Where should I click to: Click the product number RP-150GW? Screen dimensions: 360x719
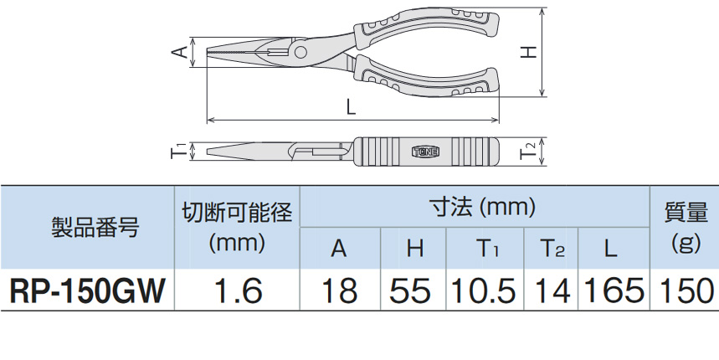(87, 291)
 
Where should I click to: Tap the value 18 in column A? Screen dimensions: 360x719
(338, 291)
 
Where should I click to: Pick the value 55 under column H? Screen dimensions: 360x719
(410, 291)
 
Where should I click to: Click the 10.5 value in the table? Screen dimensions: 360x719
(485, 291)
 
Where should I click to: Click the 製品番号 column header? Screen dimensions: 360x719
(87, 227)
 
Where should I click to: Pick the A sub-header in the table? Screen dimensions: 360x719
(338, 248)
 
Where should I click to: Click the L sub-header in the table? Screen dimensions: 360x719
(610, 248)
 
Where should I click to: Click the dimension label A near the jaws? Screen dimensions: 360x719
(178, 53)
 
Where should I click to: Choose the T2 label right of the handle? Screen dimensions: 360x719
(528, 152)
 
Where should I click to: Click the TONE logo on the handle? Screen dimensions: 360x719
(429, 152)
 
